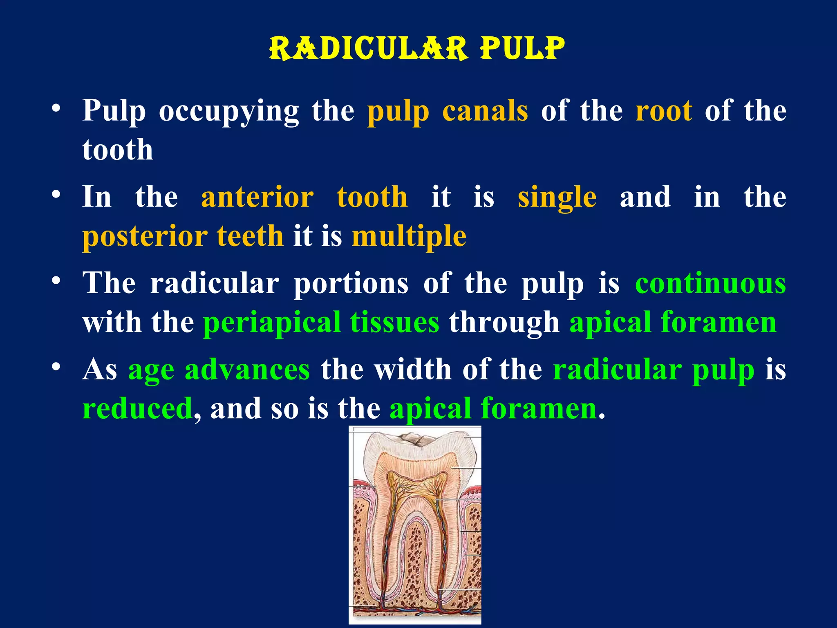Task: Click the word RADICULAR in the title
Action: pyautogui.click(x=368, y=48)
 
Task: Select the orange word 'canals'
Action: pyautogui.click(x=485, y=111)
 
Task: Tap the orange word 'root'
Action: pyautogui.click(x=664, y=111)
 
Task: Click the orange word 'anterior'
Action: pyautogui.click(x=257, y=197)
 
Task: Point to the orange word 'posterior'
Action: pyautogui.click(x=145, y=237)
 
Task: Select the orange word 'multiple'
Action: pyautogui.click(x=409, y=237)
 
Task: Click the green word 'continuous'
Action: pyautogui.click(x=710, y=283)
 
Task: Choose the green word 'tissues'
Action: pyautogui.click(x=394, y=322)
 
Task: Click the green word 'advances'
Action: pyautogui.click(x=247, y=369)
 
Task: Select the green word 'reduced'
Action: pyautogui.click(x=137, y=408)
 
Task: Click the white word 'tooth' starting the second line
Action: pyautogui.click(x=118, y=150)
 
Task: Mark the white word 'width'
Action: pyautogui.click(x=413, y=369)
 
